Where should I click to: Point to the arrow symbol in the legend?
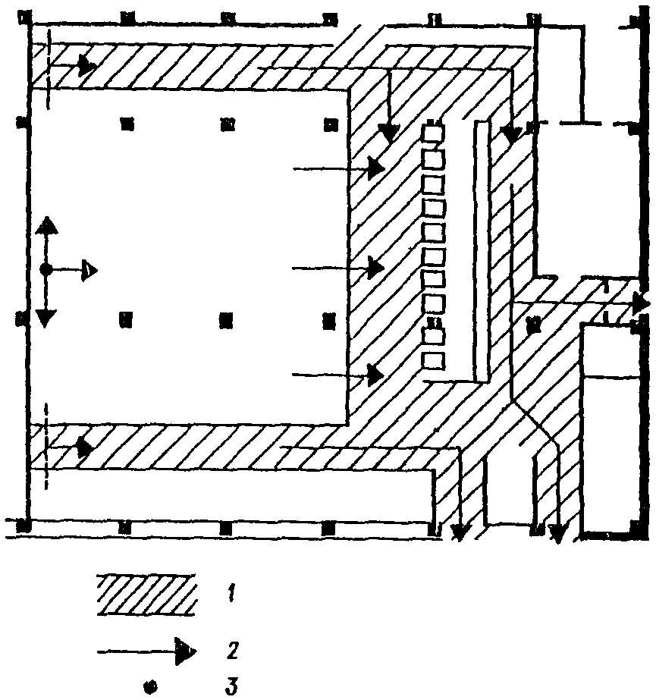click(147, 651)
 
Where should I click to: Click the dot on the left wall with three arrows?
click(46, 269)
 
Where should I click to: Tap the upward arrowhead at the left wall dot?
click(46, 224)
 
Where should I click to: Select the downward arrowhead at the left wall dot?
click(46, 317)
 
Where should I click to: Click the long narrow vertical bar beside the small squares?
click(481, 250)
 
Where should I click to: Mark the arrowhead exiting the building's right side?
click(641, 303)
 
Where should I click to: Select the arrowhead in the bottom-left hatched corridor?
click(85, 447)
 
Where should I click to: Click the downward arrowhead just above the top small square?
click(389, 133)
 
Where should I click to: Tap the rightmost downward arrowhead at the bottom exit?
click(557, 535)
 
